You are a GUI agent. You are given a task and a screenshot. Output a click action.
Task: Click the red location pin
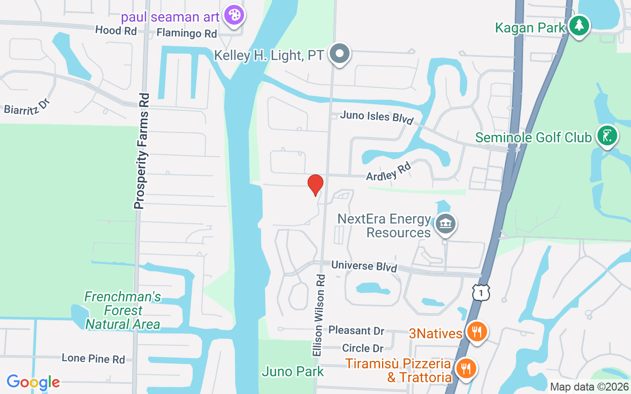pos(315,185)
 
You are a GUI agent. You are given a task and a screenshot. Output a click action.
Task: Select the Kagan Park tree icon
pos(579,25)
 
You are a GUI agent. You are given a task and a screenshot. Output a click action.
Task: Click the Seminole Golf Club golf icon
pos(607,135)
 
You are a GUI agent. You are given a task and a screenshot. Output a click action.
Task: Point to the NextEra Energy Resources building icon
pos(445,224)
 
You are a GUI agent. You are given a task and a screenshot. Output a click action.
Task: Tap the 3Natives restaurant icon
pos(476,331)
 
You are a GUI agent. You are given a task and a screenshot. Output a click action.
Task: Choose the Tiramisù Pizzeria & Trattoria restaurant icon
pos(465,368)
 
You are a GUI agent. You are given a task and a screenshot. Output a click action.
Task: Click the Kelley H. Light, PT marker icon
pos(339,53)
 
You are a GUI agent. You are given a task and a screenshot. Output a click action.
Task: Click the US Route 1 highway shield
pos(481,292)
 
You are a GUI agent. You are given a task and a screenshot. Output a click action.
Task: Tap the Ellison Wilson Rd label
pos(318,315)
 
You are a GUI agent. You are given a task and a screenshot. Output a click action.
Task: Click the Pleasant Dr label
pos(356,330)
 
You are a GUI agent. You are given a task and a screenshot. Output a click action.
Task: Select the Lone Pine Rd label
pos(93,359)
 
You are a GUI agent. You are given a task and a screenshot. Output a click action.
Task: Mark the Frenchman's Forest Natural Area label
pos(123,310)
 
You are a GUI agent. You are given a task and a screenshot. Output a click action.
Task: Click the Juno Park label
pos(293,371)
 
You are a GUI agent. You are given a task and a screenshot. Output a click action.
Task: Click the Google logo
pos(33,382)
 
